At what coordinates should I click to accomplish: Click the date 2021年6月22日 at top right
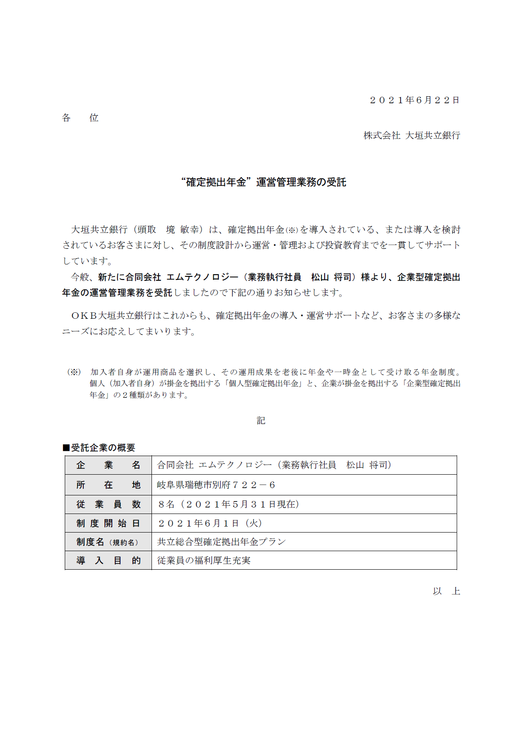pyautogui.click(x=414, y=100)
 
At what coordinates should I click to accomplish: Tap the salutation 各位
pyautogui.click(x=80, y=118)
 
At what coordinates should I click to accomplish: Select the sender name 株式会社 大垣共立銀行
pyautogui.click(x=411, y=136)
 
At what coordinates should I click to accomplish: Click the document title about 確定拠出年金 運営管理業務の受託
pyautogui.click(x=264, y=182)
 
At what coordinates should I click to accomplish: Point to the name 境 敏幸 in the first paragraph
pyautogui.click(x=183, y=230)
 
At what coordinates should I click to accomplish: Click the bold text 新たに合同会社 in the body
pyautogui.click(x=129, y=277)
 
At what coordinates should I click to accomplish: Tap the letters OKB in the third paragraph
pyautogui.click(x=84, y=316)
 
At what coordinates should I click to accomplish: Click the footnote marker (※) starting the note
pyautogui.click(x=74, y=372)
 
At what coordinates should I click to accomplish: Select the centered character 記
pyautogui.click(x=261, y=421)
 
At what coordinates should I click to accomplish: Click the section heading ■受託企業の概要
pyautogui.click(x=99, y=447)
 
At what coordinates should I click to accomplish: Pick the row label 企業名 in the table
pyautogui.click(x=108, y=465)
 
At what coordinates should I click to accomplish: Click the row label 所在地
pyautogui.click(x=108, y=485)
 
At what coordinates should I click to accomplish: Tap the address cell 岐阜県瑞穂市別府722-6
pyautogui.click(x=216, y=485)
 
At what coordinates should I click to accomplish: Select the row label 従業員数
pyautogui.click(x=108, y=504)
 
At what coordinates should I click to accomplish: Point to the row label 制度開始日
pyautogui.click(x=108, y=523)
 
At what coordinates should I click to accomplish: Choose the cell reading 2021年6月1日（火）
pyautogui.click(x=210, y=523)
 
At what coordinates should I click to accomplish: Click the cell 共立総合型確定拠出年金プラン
pyautogui.click(x=221, y=542)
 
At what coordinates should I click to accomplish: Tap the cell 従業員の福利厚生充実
pyautogui.click(x=204, y=560)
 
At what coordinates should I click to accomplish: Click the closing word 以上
pyautogui.click(x=446, y=591)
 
